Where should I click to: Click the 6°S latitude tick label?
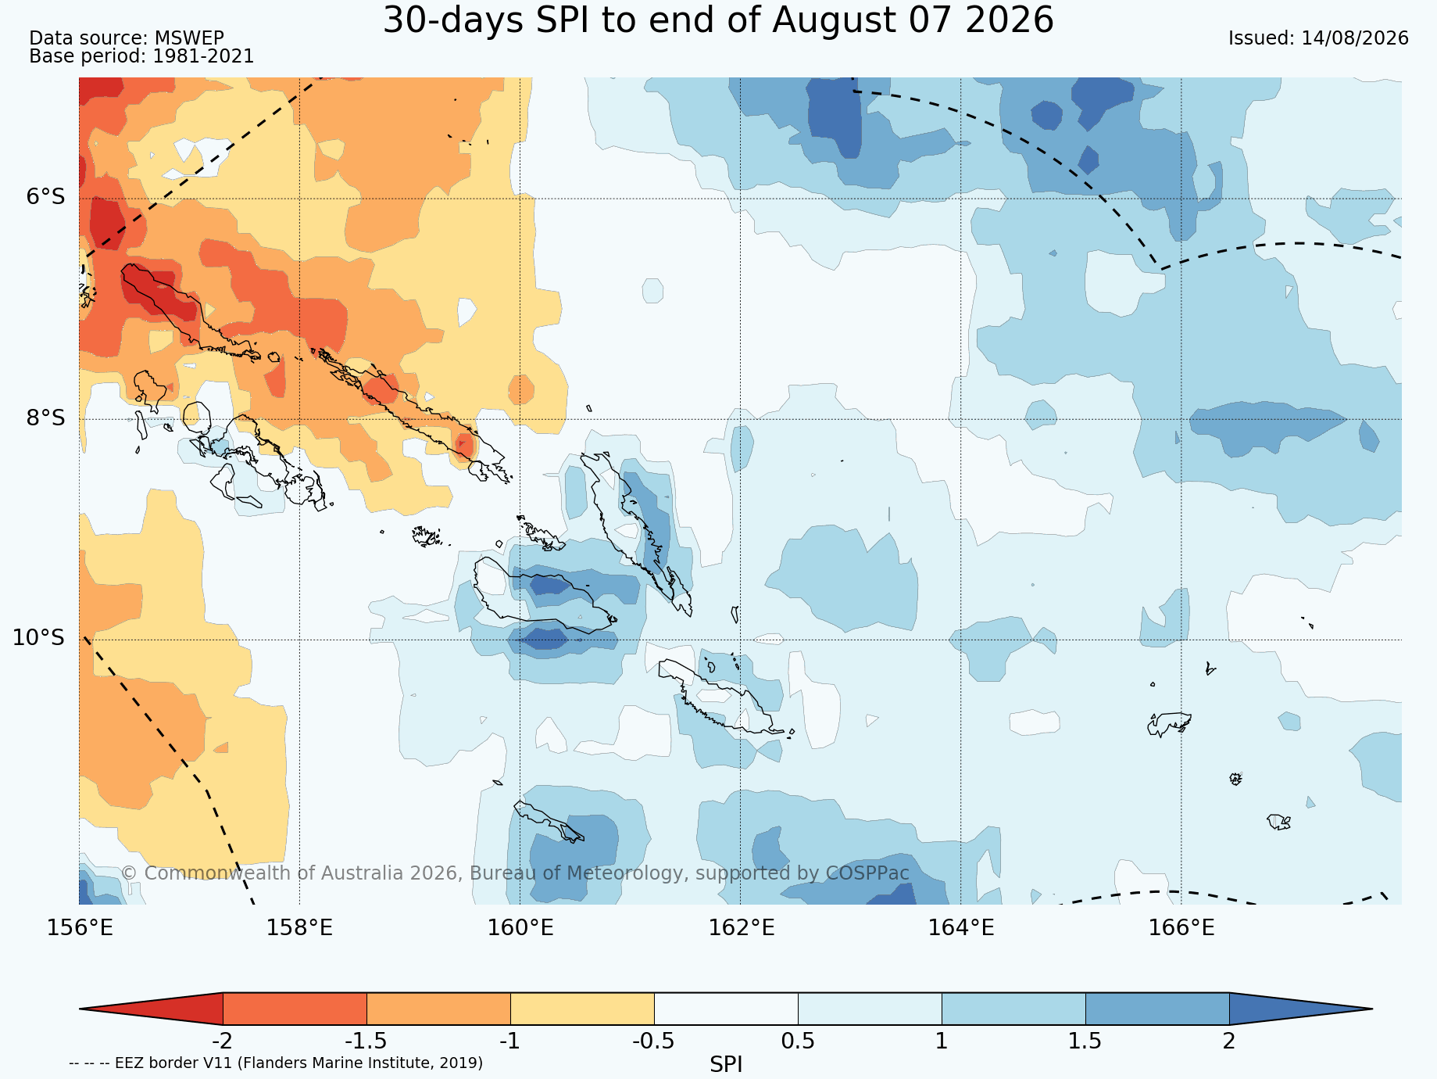(x=45, y=197)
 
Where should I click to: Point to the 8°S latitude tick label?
(x=45, y=418)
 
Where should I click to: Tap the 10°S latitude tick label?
(x=38, y=638)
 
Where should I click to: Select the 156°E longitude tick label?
(x=80, y=928)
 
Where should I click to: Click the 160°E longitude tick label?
(x=520, y=928)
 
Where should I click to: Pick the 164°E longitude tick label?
(x=961, y=928)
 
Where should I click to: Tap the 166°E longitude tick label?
(x=1181, y=928)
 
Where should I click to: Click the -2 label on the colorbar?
(x=223, y=1041)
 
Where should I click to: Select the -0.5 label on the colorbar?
(x=654, y=1041)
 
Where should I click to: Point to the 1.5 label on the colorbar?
(x=1085, y=1041)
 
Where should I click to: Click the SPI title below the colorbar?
(x=726, y=1064)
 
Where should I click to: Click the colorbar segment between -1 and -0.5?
(x=582, y=1009)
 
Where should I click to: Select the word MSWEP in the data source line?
(x=189, y=38)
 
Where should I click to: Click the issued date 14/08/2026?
(x=1355, y=38)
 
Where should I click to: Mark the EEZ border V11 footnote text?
(x=276, y=1063)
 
